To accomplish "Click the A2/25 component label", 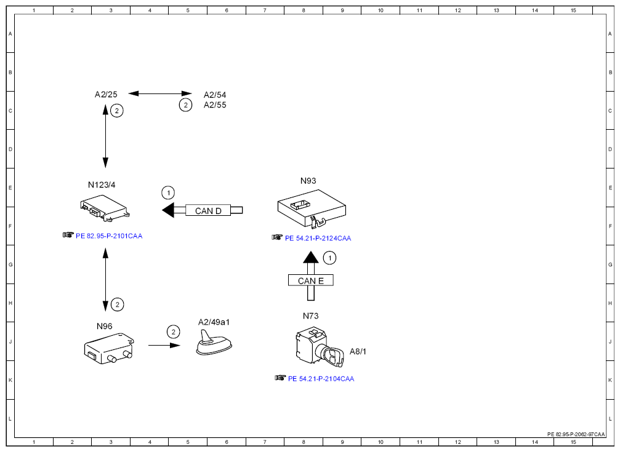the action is point(106,95).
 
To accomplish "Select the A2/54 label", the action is point(215,95).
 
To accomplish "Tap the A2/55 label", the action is point(215,105).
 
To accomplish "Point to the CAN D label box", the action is point(208,210).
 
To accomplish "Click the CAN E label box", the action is point(311,280).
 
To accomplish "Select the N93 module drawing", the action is point(312,208).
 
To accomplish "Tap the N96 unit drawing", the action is point(109,348).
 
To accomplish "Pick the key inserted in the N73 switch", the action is point(331,356).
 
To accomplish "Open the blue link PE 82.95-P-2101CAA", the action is point(109,236).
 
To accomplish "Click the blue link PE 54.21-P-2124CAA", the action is point(318,238).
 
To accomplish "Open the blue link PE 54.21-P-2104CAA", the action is point(321,379).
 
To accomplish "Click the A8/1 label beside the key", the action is point(358,351).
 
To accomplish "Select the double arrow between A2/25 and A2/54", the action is point(160,93).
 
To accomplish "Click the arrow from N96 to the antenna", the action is point(164,346).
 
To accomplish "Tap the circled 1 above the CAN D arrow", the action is point(169,193).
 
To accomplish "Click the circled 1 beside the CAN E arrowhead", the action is point(330,258).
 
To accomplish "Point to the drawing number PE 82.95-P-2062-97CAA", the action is point(576,434).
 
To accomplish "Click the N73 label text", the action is point(311,315).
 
